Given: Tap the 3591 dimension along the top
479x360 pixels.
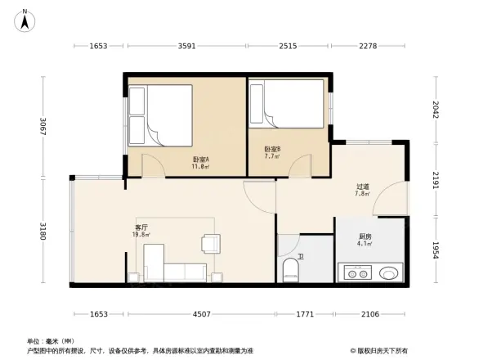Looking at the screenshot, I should point(186,46).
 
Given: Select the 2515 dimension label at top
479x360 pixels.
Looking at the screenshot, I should point(288,46).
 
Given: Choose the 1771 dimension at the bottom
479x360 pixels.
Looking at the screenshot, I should point(305,313).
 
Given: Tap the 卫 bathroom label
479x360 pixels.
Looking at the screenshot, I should point(301,256).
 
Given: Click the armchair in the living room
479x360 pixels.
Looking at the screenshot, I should point(211,243).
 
